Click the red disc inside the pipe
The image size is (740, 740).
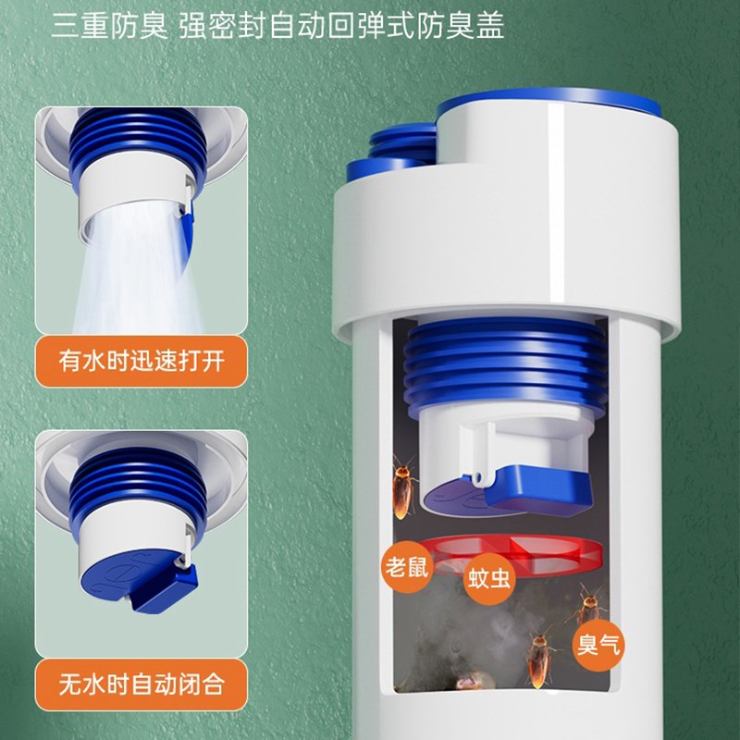(x=512, y=553)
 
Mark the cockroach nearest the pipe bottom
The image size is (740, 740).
(x=540, y=657)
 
